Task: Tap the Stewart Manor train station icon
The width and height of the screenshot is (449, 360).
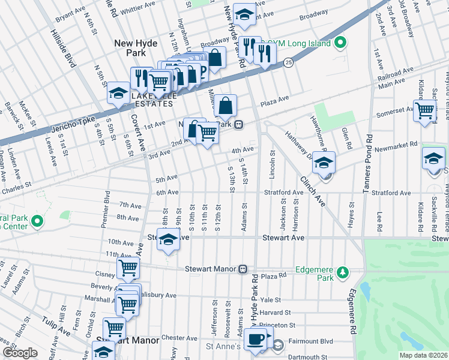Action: coord(243,269)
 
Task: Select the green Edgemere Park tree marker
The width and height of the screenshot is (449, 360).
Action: coord(342,274)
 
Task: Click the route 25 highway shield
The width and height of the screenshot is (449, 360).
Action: coord(288,63)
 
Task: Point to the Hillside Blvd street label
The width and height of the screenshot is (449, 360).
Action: coord(63,48)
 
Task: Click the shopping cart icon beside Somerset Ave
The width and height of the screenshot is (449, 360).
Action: coord(425,110)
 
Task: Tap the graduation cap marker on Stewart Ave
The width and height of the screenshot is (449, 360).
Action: coord(169,240)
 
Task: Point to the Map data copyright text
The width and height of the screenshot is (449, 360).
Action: coord(423,355)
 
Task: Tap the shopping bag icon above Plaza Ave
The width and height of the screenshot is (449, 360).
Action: coord(225,107)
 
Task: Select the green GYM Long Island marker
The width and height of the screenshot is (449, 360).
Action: coord(340,43)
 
